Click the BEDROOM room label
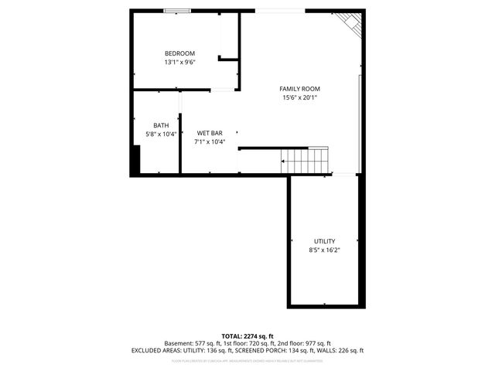(x=179, y=53)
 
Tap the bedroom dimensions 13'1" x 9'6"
(x=179, y=62)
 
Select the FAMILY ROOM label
(x=299, y=89)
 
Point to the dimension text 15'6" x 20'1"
(x=299, y=97)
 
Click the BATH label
(x=161, y=125)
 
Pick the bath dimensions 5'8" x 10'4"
(x=161, y=134)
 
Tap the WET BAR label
(x=210, y=133)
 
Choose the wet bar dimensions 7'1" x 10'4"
(x=210, y=141)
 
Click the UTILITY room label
(x=324, y=241)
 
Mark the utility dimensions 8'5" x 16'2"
(x=324, y=250)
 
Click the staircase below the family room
(x=306, y=161)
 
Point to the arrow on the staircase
(x=285, y=162)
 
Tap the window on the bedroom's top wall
(x=176, y=11)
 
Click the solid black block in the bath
(x=135, y=160)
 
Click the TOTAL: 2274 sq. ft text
(x=247, y=336)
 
